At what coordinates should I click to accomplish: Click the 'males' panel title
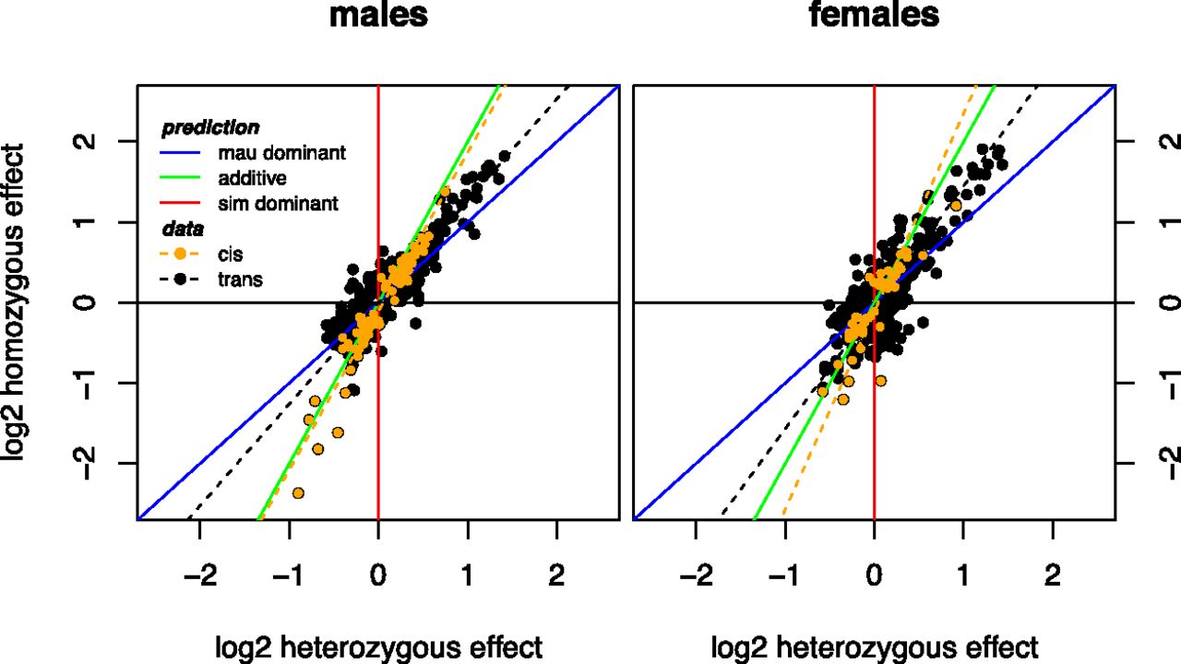[378, 15]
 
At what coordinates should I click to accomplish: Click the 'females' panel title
[874, 14]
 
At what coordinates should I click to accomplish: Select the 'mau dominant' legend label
[282, 153]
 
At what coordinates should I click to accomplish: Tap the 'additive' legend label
[252, 178]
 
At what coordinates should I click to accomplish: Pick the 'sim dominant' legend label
[278, 204]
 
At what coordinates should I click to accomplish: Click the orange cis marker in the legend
[180, 254]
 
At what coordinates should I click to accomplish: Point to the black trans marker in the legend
[180, 279]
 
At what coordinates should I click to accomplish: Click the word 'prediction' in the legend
[210, 128]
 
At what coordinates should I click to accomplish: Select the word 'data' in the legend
[183, 230]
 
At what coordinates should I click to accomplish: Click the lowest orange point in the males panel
[298, 493]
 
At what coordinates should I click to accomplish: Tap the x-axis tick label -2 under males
[200, 575]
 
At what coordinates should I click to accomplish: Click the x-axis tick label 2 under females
[1053, 575]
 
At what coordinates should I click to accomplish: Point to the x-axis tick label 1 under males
[468, 575]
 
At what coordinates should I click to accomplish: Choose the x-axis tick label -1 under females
[785, 575]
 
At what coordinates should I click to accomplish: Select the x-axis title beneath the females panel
[875, 647]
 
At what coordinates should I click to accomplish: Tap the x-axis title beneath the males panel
[378, 647]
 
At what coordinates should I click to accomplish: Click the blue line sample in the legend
[180, 153]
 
